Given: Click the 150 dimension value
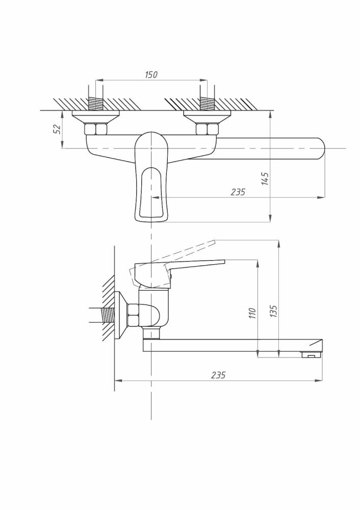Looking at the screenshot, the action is [x=151, y=74].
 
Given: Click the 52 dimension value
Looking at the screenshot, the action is [x=57, y=129].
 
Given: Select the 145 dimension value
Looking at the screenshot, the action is [x=265, y=179].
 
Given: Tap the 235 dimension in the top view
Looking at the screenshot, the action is [x=238, y=192].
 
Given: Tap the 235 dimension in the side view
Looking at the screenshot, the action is [x=218, y=375].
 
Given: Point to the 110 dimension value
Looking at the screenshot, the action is [x=253, y=313].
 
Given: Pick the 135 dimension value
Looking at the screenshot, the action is [x=273, y=311].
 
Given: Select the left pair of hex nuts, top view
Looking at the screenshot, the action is [x=96, y=129].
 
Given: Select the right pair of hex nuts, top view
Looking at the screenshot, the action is [x=207, y=129].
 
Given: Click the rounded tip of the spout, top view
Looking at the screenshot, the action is [x=321, y=148].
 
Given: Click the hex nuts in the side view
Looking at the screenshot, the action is [x=133, y=315].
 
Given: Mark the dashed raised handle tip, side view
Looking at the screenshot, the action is [x=214, y=242].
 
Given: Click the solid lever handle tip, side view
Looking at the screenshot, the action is [x=223, y=261].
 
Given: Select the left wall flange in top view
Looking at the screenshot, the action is [x=96, y=117].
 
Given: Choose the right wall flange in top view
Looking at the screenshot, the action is [x=207, y=117].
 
